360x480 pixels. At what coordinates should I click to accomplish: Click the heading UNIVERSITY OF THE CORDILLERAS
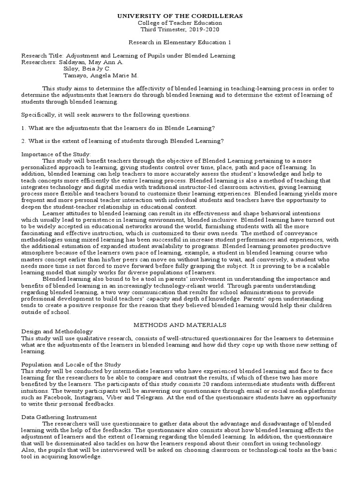pyautogui.click(x=180, y=16)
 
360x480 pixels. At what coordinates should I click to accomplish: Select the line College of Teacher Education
pyautogui.click(x=180, y=22)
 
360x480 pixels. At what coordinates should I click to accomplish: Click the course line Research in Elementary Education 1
pyautogui.click(x=180, y=42)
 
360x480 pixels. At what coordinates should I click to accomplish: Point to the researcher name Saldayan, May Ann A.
pyautogui.click(x=93, y=62)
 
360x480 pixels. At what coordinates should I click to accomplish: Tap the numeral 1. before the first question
pyautogui.click(x=24, y=128)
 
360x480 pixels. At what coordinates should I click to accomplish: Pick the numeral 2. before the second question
pyautogui.click(x=24, y=141)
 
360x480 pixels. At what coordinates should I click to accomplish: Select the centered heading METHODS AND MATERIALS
pyautogui.click(x=180, y=324)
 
